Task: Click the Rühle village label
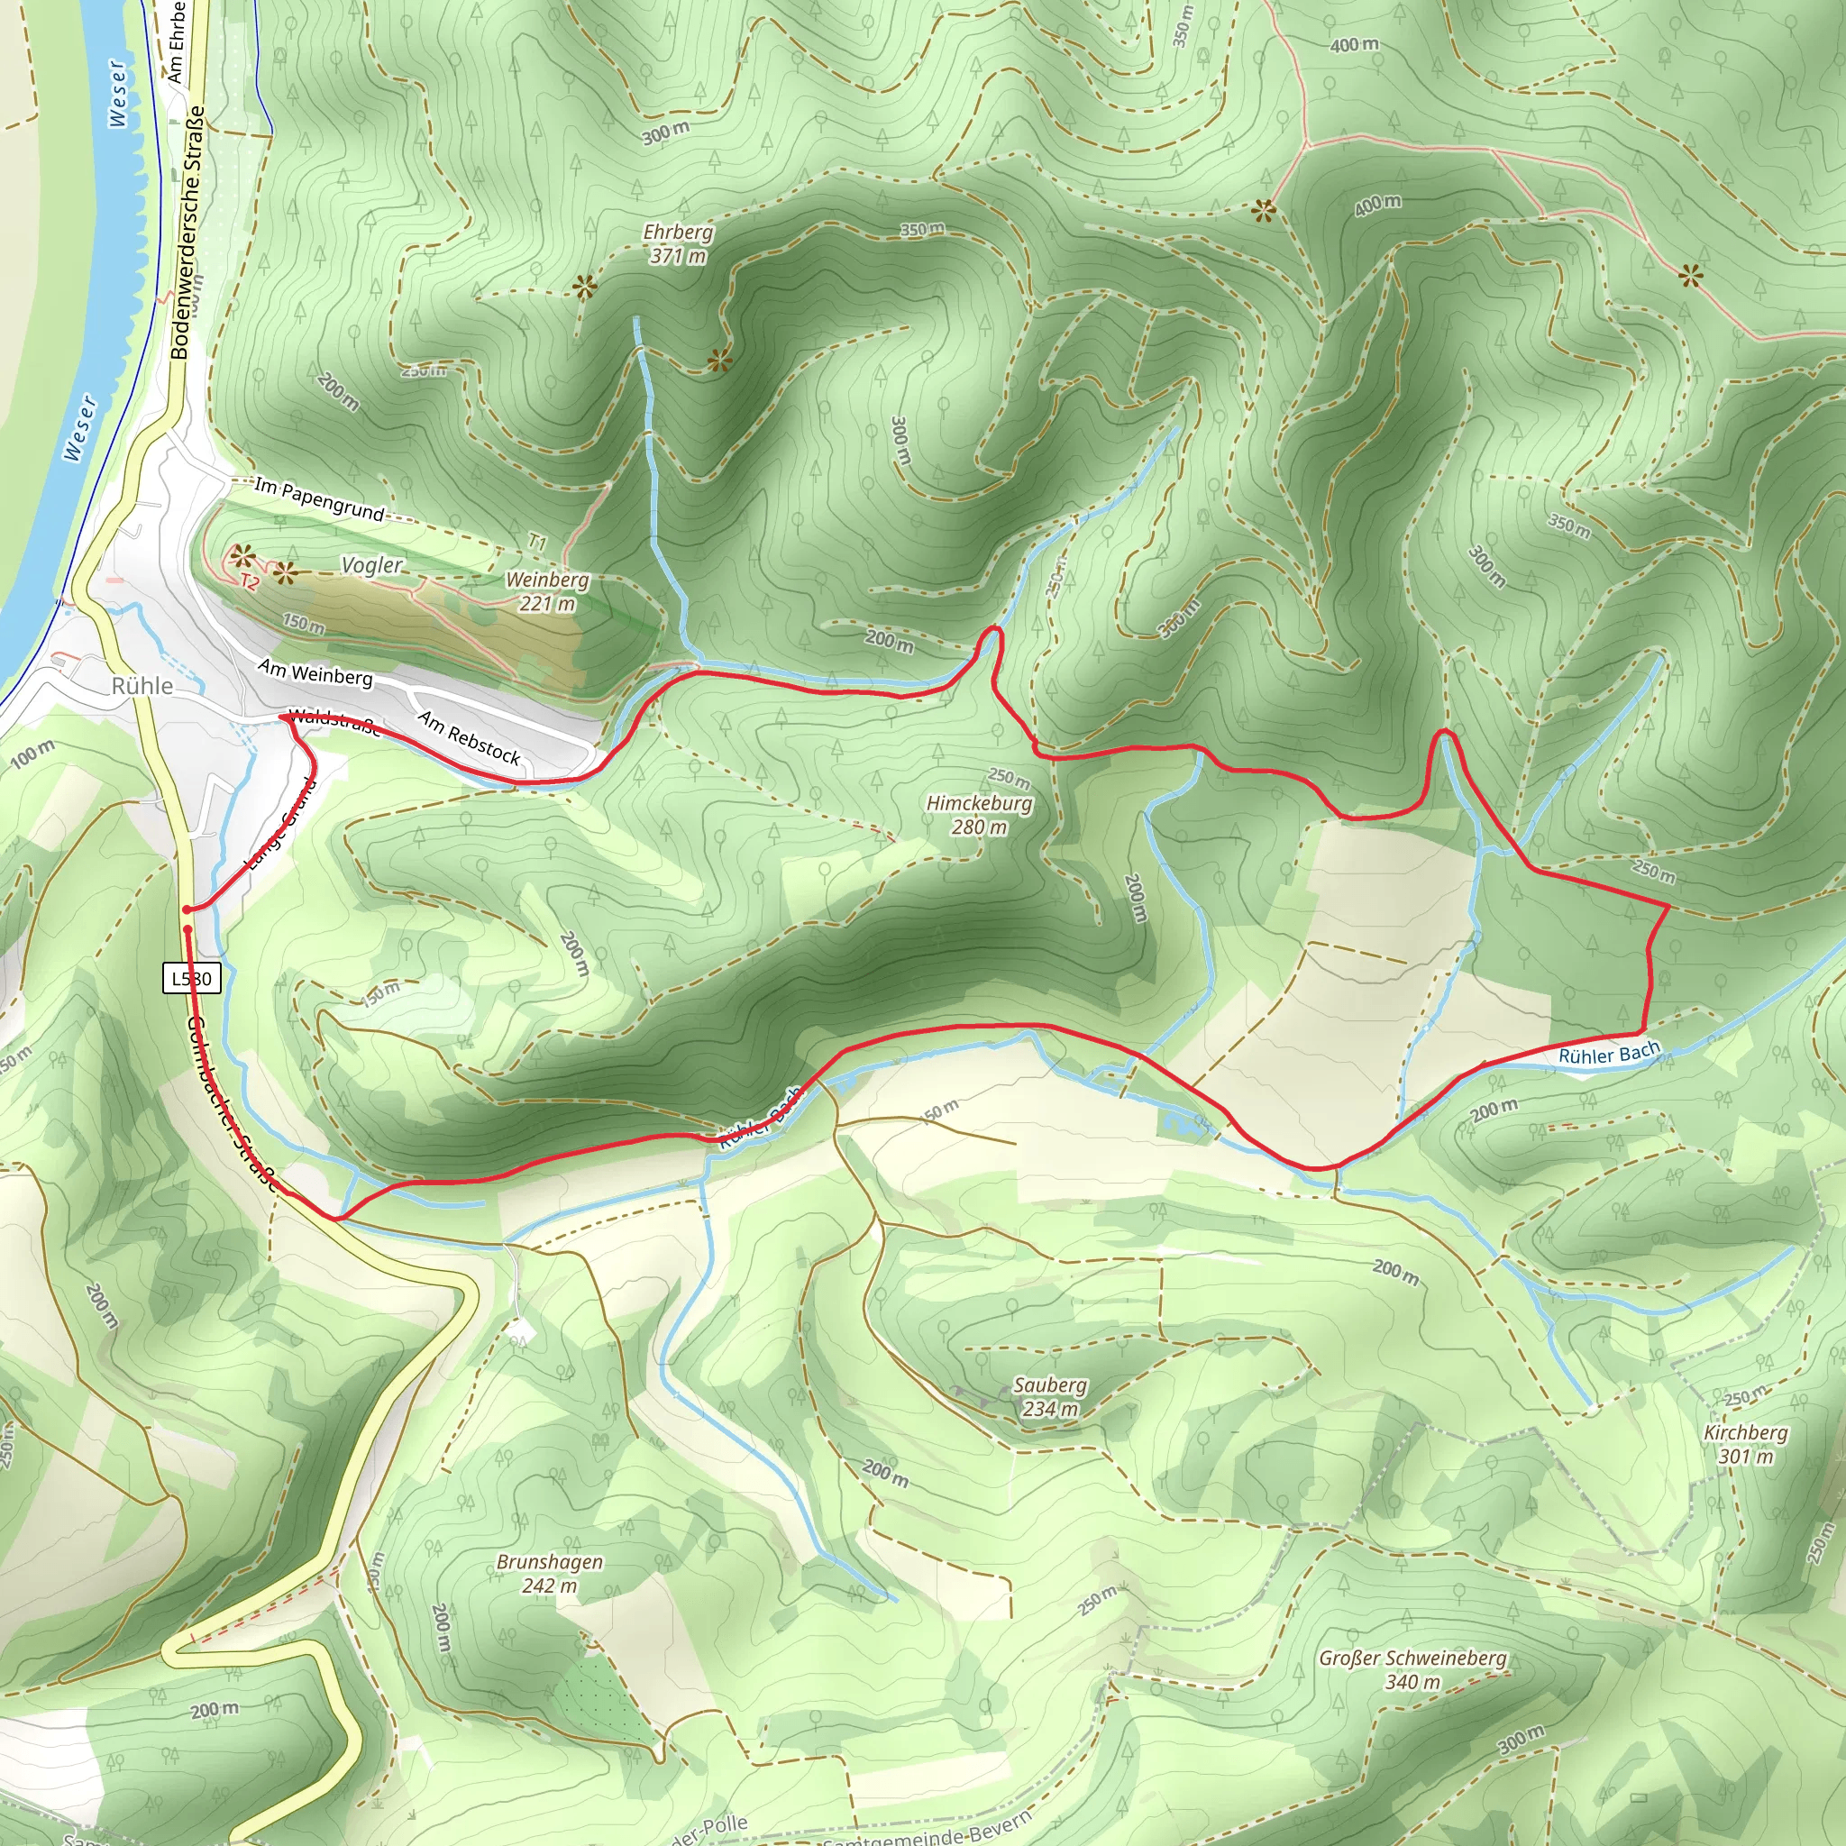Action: coord(142,686)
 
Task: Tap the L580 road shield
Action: coord(191,978)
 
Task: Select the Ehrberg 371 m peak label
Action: coord(678,243)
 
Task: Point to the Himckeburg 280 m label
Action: coord(978,815)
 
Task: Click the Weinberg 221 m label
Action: coord(547,591)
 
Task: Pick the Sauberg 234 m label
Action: coord(1049,1396)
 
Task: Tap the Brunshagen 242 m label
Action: coord(550,1574)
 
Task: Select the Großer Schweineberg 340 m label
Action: coord(1412,1669)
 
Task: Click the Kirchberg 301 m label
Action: coord(1745,1444)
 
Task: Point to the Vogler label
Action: coord(371,564)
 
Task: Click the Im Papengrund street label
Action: coord(319,498)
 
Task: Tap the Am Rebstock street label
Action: coord(469,737)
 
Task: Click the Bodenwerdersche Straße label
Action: coord(187,232)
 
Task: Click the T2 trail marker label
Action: coord(250,582)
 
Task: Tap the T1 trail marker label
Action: coord(538,542)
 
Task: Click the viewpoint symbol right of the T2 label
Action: coord(285,574)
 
